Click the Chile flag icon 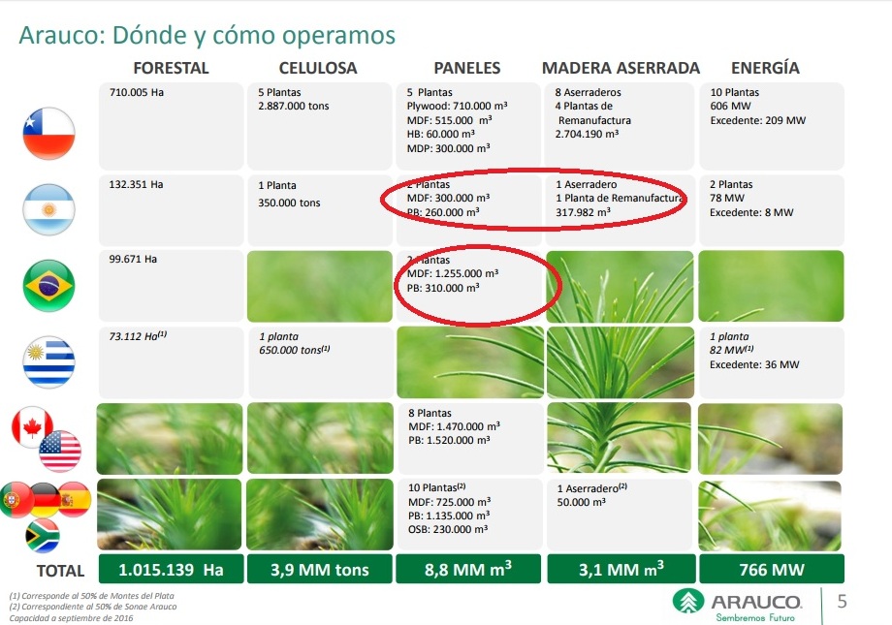pos(48,134)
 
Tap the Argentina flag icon pos(48,208)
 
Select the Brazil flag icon pos(48,284)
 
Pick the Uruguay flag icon pos(48,359)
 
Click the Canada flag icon pos(32,427)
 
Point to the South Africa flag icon pos(41,536)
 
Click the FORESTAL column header pos(171,68)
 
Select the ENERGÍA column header pos(765,68)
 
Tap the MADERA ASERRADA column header pos(621,68)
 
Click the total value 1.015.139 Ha pos(171,570)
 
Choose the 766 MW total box pos(771,570)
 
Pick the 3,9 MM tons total pos(319,570)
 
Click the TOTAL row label pos(60,571)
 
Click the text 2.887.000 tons pos(294,107)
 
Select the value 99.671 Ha pos(135,260)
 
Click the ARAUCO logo pos(738,603)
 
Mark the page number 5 pos(842,602)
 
